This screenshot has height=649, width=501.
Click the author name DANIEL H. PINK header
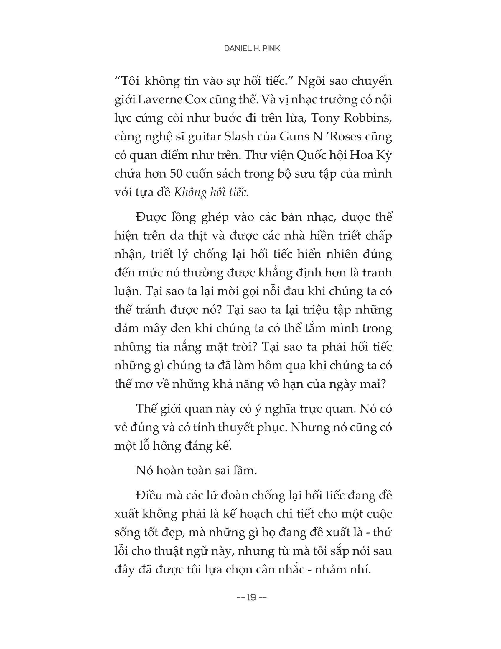[252, 49]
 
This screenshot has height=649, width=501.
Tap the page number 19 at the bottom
[252, 597]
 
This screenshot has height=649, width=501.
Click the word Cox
[196, 100]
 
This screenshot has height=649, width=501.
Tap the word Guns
[294, 136]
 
